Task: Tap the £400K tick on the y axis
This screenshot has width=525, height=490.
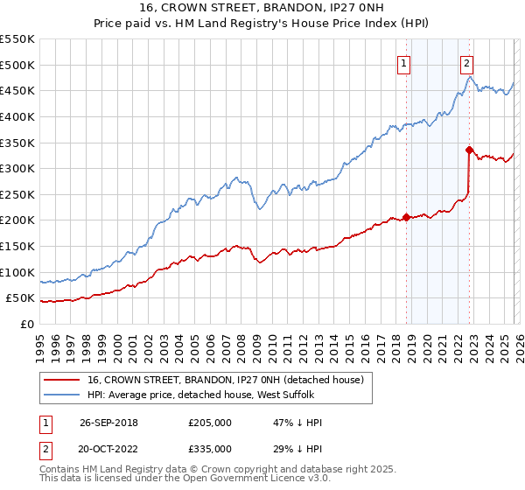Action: [x=17, y=116]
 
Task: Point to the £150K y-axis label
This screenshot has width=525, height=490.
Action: [x=17, y=246]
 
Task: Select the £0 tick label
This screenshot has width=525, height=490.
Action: [x=26, y=324]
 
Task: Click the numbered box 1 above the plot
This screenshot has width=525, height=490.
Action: [x=404, y=63]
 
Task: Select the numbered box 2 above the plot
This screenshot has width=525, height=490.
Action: [x=467, y=63]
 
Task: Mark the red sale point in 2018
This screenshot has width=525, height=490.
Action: [x=406, y=217]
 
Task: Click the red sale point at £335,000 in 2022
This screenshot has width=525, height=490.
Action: [x=469, y=150]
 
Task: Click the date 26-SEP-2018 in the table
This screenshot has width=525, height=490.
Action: [x=108, y=423]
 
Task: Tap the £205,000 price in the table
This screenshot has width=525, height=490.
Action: [x=209, y=423]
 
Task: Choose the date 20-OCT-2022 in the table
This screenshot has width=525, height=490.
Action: [x=108, y=448]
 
